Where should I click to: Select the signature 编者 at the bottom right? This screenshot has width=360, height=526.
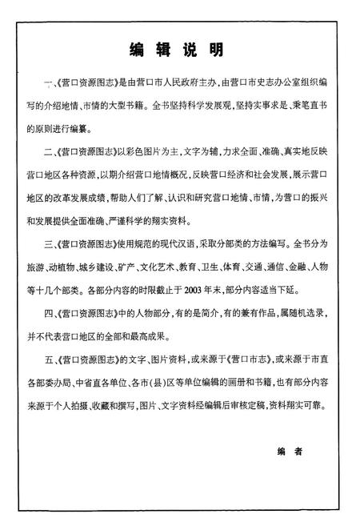(291, 452)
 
